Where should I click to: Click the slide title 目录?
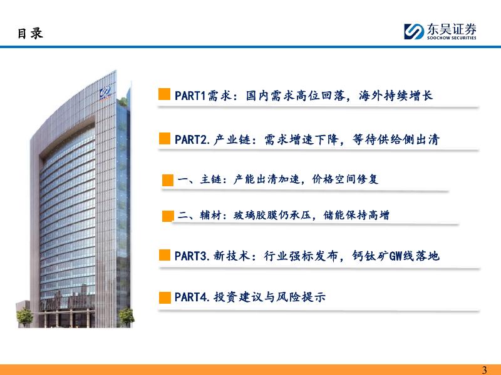[x=30, y=34]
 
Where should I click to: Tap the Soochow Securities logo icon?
[x=414, y=32]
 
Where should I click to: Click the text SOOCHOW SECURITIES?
[x=452, y=37]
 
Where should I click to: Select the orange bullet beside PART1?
[x=164, y=94]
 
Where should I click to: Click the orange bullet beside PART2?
[x=165, y=138]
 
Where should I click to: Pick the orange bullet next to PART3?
[x=165, y=255]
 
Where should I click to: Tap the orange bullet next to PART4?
[x=165, y=297]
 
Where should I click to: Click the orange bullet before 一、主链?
[x=168, y=180]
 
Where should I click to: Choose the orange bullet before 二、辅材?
[x=168, y=216]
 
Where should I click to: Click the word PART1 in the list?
[x=190, y=96]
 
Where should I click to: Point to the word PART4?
[x=191, y=297]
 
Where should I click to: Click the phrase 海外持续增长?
[x=396, y=96]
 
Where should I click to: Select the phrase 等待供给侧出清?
[x=396, y=139]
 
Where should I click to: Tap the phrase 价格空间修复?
[x=345, y=179]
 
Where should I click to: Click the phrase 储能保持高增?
[x=356, y=215]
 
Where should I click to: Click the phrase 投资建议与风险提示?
[x=270, y=297]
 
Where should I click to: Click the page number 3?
[x=484, y=370]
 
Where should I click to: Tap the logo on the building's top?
[x=105, y=92]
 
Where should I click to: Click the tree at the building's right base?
[x=127, y=317]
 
